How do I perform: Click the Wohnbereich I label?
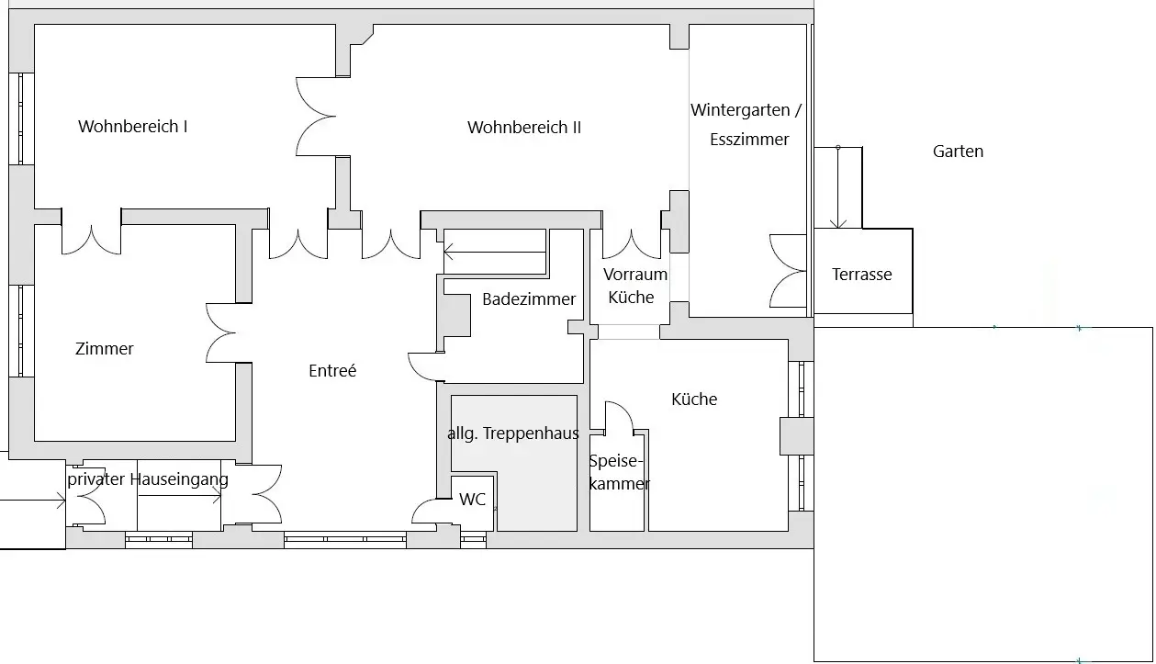click(x=133, y=127)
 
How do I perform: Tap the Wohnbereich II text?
click(x=524, y=128)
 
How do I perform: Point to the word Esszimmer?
click(x=749, y=140)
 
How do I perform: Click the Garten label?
click(x=958, y=152)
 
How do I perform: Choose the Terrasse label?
click(x=861, y=274)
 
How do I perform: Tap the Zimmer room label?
click(x=105, y=349)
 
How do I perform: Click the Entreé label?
click(x=332, y=371)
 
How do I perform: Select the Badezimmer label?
click(x=529, y=298)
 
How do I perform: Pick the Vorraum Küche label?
click(x=634, y=286)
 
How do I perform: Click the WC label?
click(x=473, y=500)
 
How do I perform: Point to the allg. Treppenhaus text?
click(x=513, y=433)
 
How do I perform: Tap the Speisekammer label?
click(x=619, y=473)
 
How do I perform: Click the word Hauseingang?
click(x=179, y=478)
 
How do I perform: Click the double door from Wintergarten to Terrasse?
click(x=786, y=271)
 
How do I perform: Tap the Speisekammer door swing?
click(x=620, y=418)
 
